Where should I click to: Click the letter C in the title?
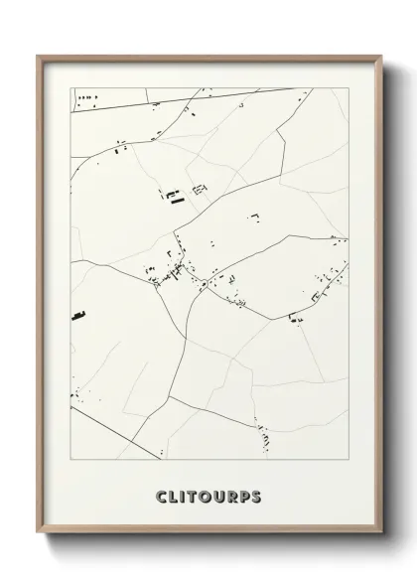point(161,494)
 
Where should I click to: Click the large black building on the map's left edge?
point(76,316)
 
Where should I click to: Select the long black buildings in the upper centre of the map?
point(176,197)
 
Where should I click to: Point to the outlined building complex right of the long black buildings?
point(200,188)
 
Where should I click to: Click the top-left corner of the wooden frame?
point(39,56)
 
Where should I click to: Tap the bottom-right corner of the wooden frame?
point(379,543)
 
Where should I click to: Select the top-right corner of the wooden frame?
point(379,56)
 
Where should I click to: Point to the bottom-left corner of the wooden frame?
point(39,543)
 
